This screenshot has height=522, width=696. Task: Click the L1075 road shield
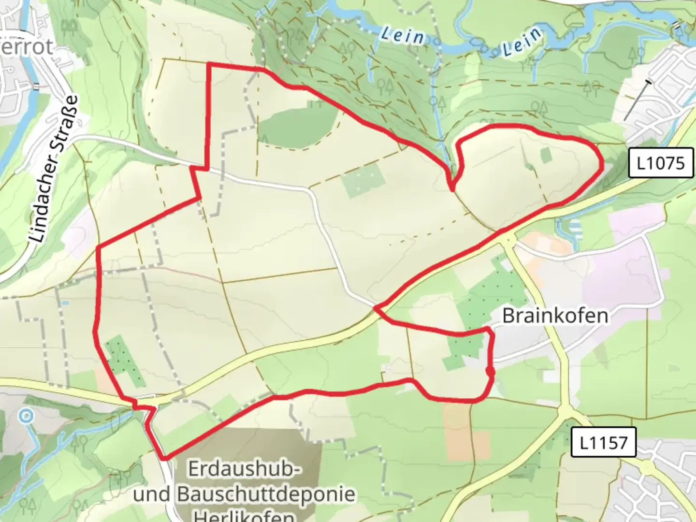661,163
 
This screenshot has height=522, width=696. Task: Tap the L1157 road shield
603,442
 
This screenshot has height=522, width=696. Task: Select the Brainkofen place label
555,316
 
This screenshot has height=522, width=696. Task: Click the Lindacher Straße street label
54,169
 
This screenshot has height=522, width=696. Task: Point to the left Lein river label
402,35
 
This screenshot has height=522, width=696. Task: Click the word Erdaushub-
245,469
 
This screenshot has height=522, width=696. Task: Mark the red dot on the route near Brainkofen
490,371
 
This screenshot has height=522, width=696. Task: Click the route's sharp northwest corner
209,64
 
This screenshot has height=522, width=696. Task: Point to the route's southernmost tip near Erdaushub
165,457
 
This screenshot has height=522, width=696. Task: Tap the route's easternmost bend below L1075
602,165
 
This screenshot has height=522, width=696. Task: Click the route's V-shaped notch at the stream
452,189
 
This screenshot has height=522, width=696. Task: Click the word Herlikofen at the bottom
244,516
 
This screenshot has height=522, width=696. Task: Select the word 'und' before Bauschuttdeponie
151,494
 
